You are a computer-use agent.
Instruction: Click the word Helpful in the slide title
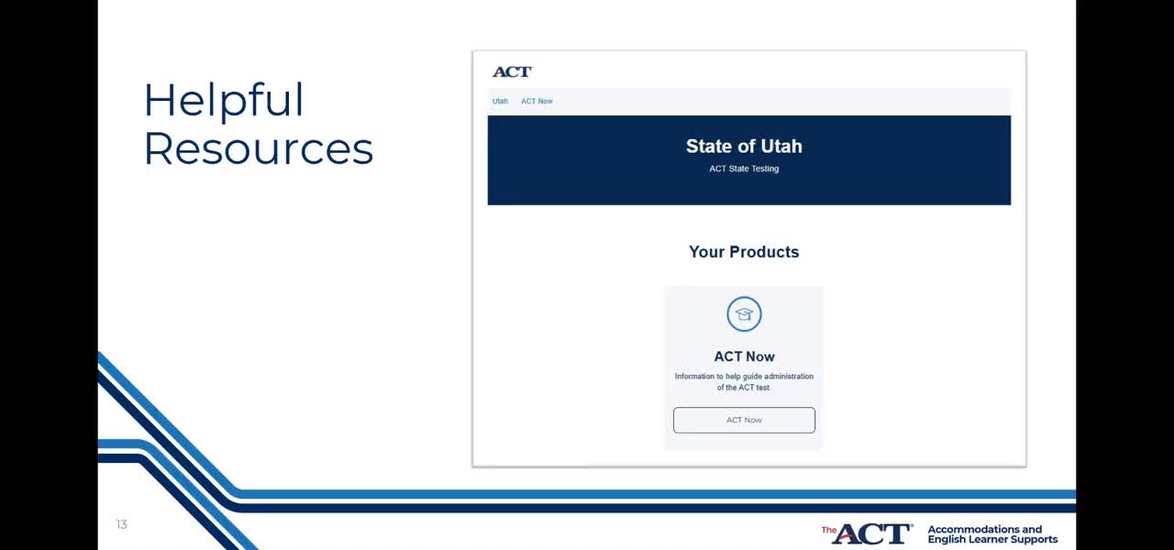click(x=224, y=101)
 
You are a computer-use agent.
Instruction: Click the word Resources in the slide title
click(x=259, y=148)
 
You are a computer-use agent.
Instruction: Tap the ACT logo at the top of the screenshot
click(x=512, y=71)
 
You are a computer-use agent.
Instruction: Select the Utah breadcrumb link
click(x=500, y=101)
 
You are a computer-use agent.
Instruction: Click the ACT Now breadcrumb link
click(x=537, y=101)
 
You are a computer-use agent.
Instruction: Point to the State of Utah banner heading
click(x=744, y=146)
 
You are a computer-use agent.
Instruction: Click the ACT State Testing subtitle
click(x=744, y=169)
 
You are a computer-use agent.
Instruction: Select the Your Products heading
click(x=744, y=252)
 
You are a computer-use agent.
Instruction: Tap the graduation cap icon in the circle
click(x=744, y=314)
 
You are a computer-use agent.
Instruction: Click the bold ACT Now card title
click(x=744, y=357)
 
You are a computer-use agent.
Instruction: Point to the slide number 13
click(x=122, y=524)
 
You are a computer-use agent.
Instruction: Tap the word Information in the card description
click(x=694, y=376)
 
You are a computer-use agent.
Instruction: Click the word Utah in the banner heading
click(x=781, y=146)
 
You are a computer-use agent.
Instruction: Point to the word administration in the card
click(x=789, y=376)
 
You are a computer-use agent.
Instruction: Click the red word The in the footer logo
click(x=828, y=530)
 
